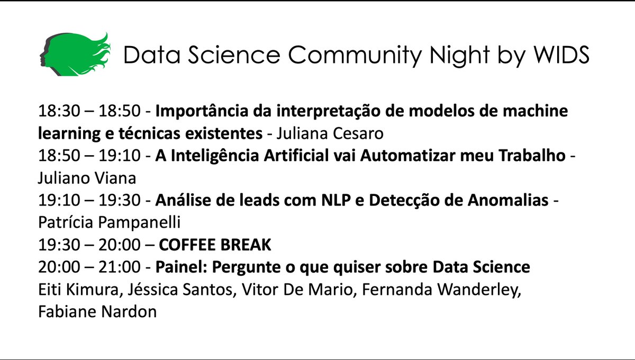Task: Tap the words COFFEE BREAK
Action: tap(215, 246)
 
